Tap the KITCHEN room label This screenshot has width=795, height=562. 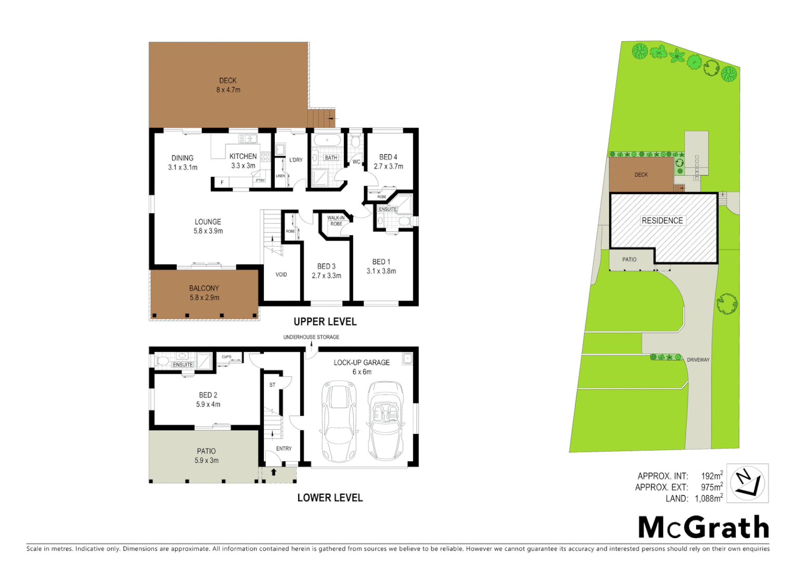(243, 156)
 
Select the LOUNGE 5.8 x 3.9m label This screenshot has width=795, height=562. (208, 226)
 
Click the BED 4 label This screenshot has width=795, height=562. (388, 157)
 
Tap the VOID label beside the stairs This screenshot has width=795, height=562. (281, 274)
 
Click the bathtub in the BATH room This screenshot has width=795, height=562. (326, 140)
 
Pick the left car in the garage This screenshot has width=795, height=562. (339, 421)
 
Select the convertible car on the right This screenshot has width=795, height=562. (386, 421)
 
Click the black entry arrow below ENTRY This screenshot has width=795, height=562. (274, 471)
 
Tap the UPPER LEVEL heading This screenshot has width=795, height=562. (325, 322)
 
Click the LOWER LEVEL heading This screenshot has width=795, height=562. (330, 497)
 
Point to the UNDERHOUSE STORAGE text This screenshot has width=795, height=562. (311, 337)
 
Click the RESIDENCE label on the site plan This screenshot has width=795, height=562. (662, 221)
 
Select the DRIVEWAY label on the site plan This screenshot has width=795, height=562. (698, 360)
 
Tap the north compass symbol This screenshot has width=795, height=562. (747, 483)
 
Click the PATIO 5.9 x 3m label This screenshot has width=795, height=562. (207, 455)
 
